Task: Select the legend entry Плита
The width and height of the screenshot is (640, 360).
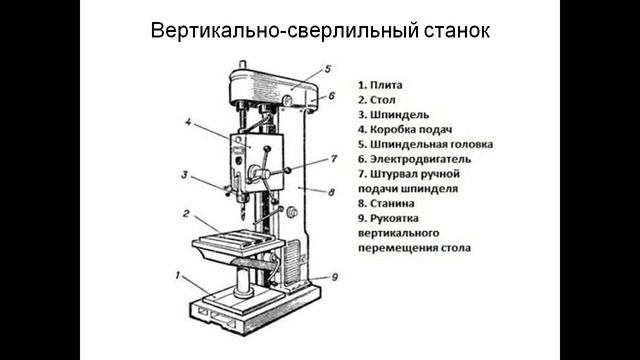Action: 386,84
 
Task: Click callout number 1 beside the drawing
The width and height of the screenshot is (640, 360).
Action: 178,273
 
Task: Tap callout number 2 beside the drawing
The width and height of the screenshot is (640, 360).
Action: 186,213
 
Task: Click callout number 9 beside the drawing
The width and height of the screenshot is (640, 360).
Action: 334,277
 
